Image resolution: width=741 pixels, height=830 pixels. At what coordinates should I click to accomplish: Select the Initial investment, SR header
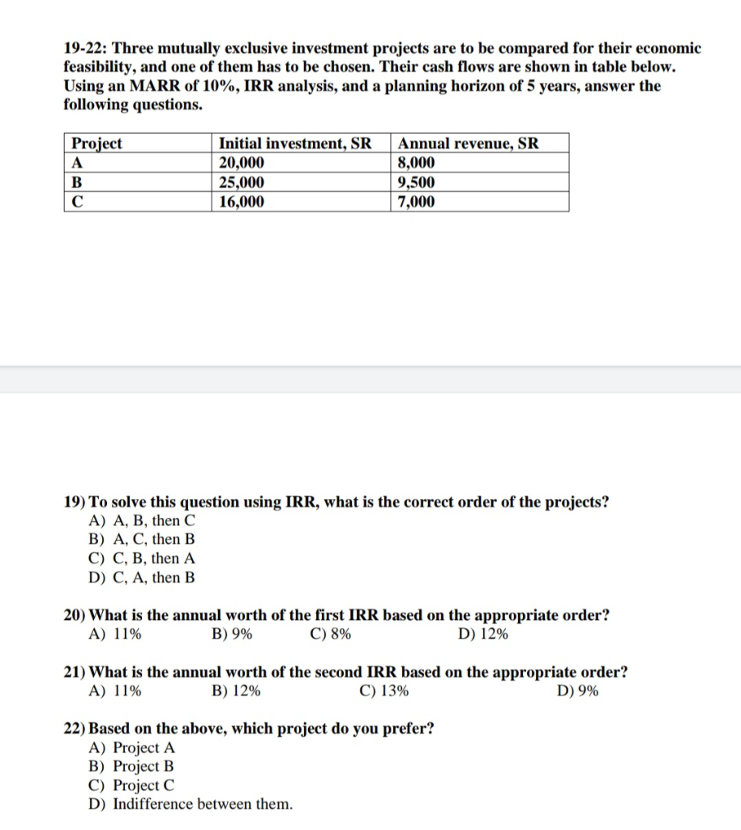pos(295,143)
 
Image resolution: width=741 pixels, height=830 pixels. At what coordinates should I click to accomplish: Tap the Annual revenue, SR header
pos(468,143)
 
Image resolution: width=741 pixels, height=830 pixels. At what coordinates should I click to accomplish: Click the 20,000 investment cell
pos(242,163)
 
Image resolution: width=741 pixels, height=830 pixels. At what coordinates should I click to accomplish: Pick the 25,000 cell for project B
pos(242,182)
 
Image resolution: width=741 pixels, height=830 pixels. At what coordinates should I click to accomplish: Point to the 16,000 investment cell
pos(242,202)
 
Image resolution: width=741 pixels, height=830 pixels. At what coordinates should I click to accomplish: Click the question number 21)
pos(75,673)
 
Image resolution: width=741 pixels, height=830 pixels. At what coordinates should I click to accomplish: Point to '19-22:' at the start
pos(85,48)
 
